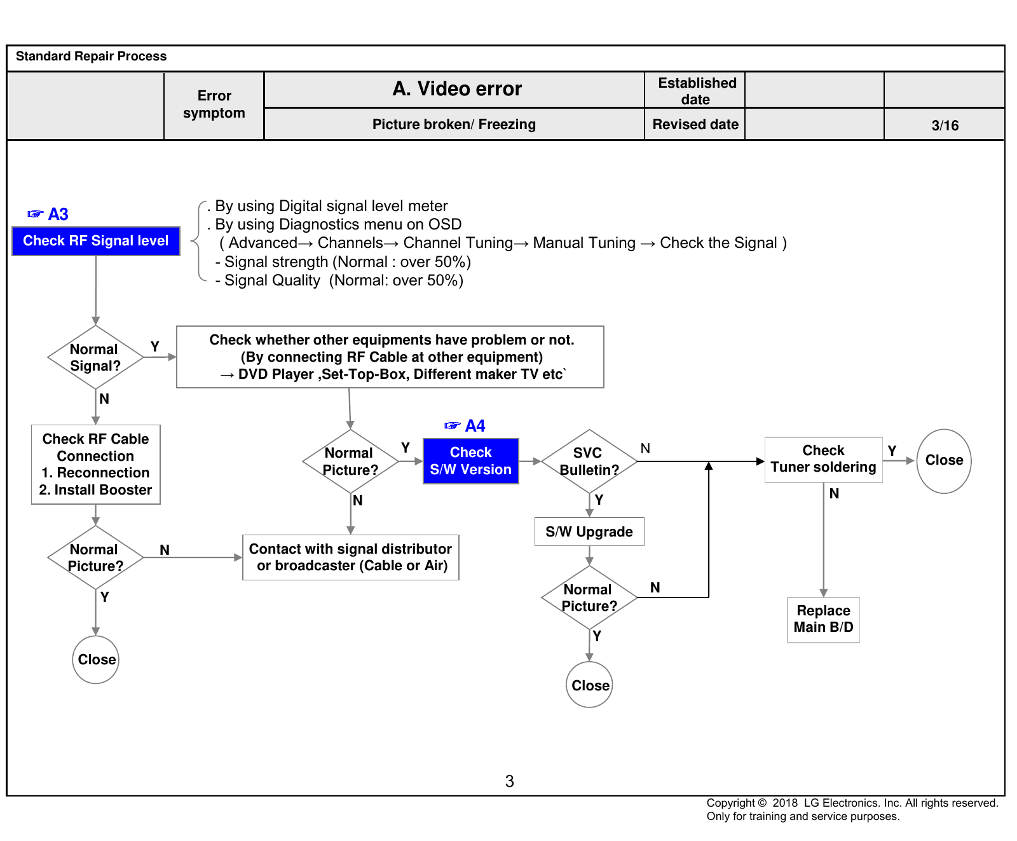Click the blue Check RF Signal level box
tap(96, 241)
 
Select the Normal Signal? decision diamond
tap(95, 357)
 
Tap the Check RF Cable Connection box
tap(96, 465)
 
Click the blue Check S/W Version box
tap(471, 461)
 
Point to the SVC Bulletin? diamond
tap(589, 462)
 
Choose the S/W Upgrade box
tap(589, 531)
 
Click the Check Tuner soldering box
tap(824, 460)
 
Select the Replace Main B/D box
tap(824, 620)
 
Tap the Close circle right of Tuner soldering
tap(944, 461)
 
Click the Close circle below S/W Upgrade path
tap(589, 685)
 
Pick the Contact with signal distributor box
tap(351, 557)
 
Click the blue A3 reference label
tap(48, 214)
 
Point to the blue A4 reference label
tap(465, 426)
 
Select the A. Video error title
tap(457, 89)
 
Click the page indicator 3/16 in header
tap(945, 125)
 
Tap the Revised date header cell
tap(695, 124)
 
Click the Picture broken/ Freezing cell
tap(454, 124)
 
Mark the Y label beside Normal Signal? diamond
tap(154, 346)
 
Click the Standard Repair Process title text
tap(92, 56)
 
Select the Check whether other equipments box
tap(390, 357)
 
